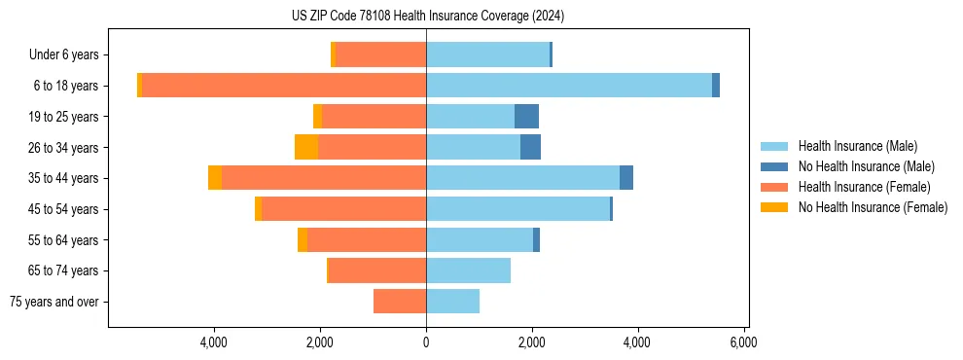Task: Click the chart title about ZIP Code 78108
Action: click(427, 17)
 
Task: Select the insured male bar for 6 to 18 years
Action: click(569, 86)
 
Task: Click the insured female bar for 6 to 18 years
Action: click(284, 86)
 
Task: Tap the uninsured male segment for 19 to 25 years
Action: click(526, 117)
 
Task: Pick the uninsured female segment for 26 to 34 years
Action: click(306, 147)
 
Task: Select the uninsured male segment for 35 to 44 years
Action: click(626, 178)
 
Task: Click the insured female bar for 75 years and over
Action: click(400, 302)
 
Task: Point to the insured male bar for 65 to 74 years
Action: click(468, 270)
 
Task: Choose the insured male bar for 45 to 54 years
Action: click(517, 209)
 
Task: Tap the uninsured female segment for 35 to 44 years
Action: click(215, 178)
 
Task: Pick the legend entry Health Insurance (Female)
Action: click(864, 187)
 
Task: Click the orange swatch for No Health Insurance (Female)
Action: click(774, 207)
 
